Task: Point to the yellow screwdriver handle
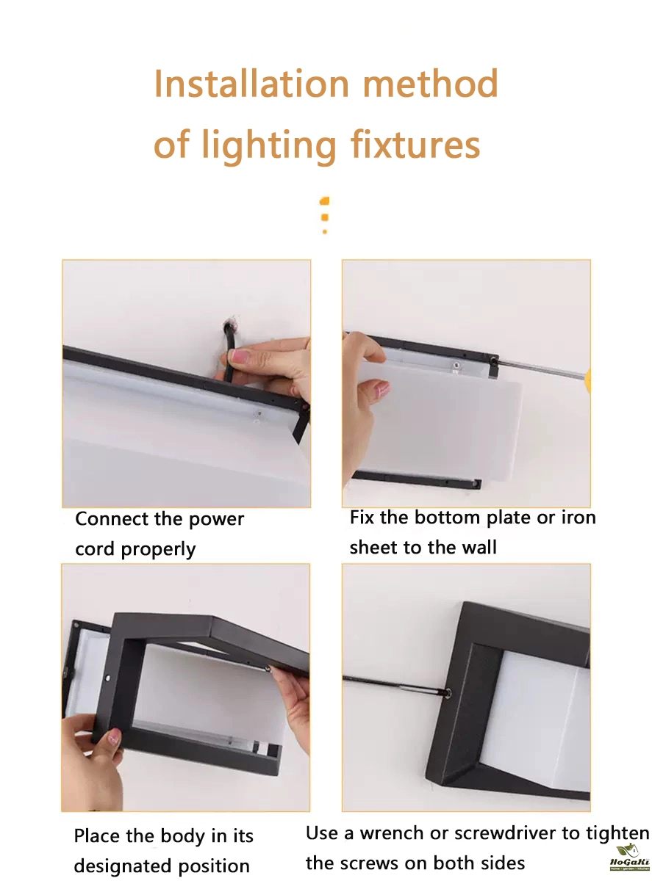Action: pos(587,380)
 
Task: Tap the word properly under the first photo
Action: pos(158,550)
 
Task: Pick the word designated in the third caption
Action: pos(122,866)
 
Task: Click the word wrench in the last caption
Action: pos(392,833)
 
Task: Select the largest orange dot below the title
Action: pos(325,200)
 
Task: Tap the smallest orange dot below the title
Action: pos(325,231)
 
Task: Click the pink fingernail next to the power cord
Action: pos(240,356)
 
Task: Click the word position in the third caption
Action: pos(214,866)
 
